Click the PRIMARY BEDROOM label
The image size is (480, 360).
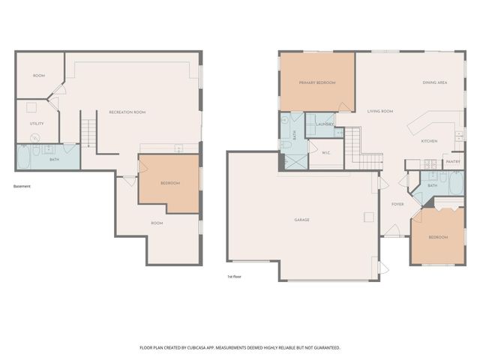316,82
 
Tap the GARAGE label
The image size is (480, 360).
301,220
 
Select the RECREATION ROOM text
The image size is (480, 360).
127,112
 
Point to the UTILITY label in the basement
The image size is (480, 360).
36,124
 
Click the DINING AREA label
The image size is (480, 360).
434,82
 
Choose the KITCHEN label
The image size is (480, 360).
428,141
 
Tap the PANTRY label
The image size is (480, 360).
453,161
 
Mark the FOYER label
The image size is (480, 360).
397,204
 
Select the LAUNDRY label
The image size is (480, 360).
324,124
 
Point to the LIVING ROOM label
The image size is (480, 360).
380,112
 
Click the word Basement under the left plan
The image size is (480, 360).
22,187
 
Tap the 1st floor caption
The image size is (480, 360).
235,276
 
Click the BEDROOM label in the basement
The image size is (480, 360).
170,183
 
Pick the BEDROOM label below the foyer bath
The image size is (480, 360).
437,237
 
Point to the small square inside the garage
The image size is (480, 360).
367,217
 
